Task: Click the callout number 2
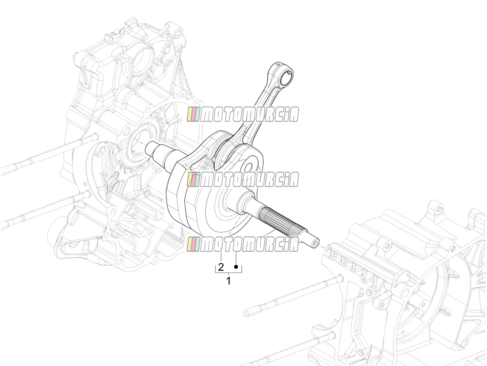[221, 267]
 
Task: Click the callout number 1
[228, 281]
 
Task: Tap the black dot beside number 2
[236, 267]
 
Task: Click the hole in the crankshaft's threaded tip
[316, 244]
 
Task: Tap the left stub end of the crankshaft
[150, 148]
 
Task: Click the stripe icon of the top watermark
[193, 114]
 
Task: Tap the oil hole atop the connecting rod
[278, 65]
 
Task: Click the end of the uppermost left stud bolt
[96, 136]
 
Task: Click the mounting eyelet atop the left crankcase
[178, 33]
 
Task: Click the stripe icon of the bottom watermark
[193, 244]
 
